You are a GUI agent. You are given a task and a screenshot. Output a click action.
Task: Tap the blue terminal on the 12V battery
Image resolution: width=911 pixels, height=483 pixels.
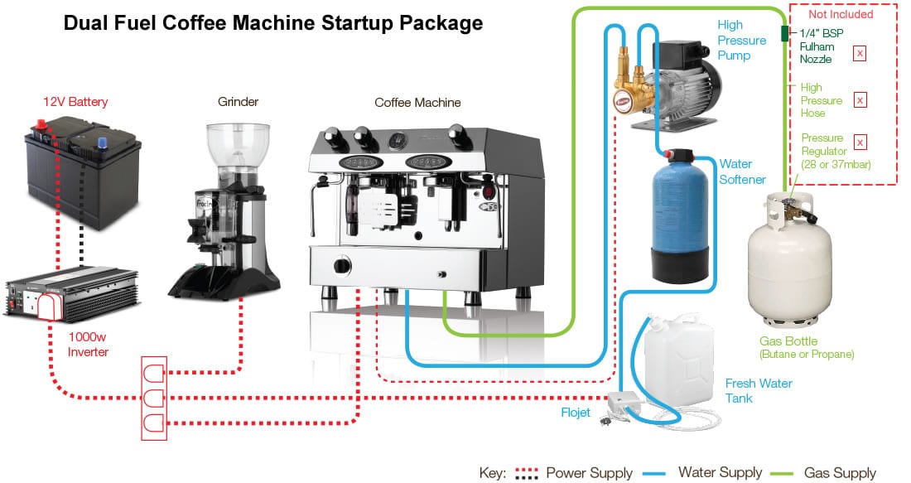(104, 142)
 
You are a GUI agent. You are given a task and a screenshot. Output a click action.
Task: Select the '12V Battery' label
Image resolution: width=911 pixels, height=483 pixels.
(75, 102)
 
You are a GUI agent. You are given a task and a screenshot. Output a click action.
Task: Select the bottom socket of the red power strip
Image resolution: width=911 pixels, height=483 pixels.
(154, 425)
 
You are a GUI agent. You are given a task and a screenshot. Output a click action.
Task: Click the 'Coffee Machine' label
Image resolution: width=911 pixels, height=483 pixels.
(417, 103)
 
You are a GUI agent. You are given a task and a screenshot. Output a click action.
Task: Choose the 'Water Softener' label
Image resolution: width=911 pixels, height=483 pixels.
(742, 171)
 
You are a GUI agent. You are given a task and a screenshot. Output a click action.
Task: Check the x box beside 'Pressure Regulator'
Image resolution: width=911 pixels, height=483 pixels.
(860, 142)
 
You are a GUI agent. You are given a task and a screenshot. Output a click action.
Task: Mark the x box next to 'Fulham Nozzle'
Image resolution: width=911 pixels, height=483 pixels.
(860, 53)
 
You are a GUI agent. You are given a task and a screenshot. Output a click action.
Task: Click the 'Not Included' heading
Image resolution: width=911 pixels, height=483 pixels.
(841, 14)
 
